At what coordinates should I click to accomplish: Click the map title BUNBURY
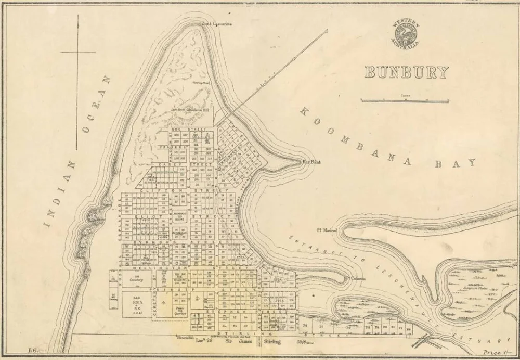[x=406, y=72]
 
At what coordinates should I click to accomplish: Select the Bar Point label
[x=312, y=162]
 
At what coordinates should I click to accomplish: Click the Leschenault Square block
[x=178, y=216]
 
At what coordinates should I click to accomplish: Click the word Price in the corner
[x=491, y=353]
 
